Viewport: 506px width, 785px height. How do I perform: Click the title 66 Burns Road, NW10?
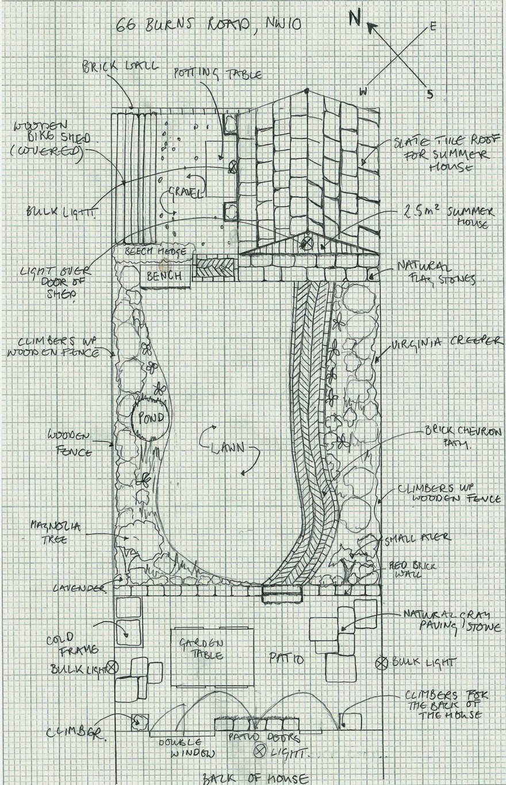(208, 25)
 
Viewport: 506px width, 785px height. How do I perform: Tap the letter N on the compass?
(355, 19)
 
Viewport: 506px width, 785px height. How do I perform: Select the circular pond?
(149, 418)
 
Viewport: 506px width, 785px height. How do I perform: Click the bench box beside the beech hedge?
(164, 276)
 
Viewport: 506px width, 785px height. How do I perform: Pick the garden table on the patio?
(213, 657)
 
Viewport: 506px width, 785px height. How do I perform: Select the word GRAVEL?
(185, 193)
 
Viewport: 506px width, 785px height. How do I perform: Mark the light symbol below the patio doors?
(260, 750)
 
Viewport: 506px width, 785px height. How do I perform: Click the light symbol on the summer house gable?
(307, 243)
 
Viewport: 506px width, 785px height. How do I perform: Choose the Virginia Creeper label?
(447, 343)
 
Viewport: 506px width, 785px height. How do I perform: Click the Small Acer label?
(418, 538)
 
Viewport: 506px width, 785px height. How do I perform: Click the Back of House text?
(254, 779)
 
